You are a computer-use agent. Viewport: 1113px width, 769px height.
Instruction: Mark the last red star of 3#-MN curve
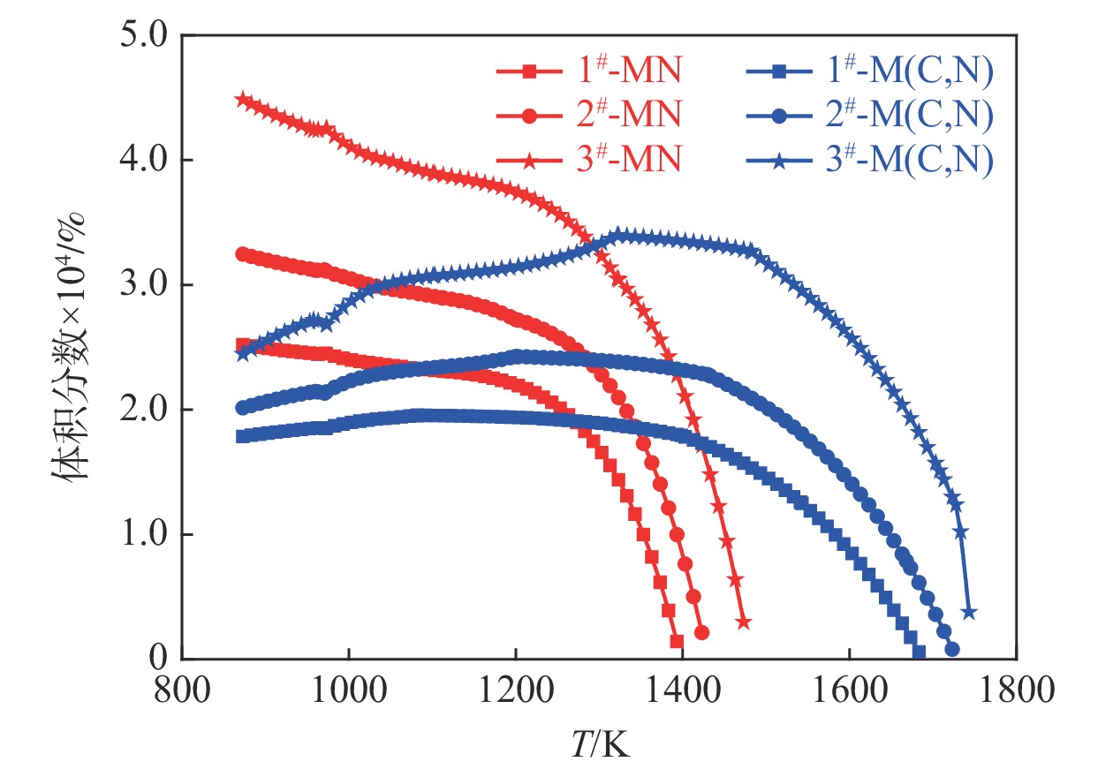coord(743,622)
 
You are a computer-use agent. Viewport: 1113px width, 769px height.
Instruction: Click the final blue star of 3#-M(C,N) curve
coord(968,612)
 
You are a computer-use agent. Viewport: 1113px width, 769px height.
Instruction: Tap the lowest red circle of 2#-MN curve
coord(701,632)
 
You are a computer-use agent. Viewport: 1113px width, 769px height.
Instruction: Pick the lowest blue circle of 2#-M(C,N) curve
coord(951,649)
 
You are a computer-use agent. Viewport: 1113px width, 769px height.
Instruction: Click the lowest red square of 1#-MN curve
coord(677,641)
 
